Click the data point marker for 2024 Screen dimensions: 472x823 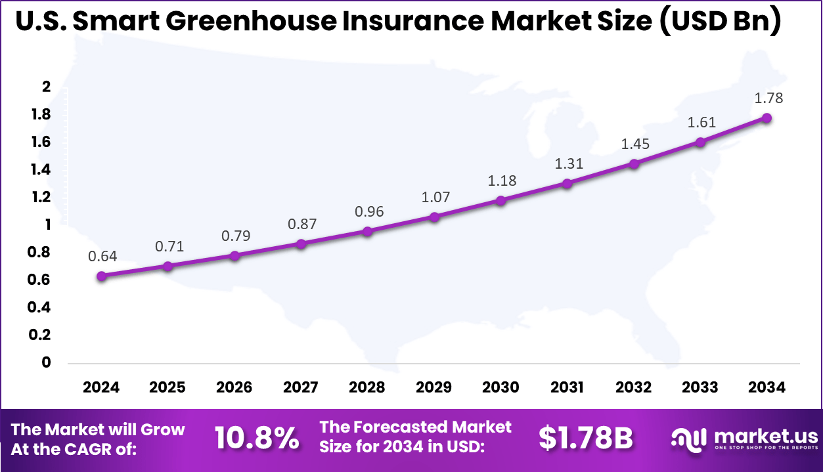tap(101, 276)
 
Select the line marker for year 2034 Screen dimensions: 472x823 tap(766, 118)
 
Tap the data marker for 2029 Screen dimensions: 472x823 tap(434, 216)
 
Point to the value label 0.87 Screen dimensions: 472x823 tap(301, 224)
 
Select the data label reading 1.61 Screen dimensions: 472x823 tap(701, 122)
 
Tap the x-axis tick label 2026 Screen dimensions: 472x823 tap(234, 387)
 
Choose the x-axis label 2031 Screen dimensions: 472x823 tap(567, 387)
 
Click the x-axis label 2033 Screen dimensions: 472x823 tap(700, 387)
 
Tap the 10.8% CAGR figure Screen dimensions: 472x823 tap(257, 439)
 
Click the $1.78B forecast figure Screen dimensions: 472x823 tap(585, 439)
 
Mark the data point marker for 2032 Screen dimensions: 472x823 tap(633, 163)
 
